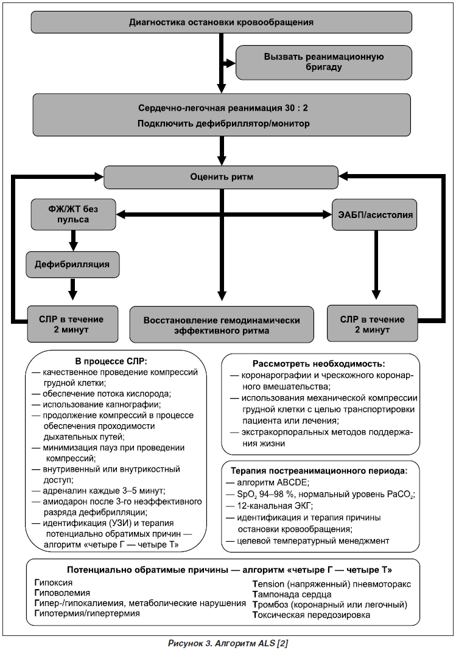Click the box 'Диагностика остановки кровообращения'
[x=221, y=22]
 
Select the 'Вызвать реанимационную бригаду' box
[x=323, y=62]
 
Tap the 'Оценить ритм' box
[x=221, y=177]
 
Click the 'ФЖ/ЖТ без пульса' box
[x=73, y=214]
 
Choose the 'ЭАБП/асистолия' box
[x=374, y=215]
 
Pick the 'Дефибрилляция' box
[x=72, y=265]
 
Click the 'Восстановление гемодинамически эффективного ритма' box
[x=222, y=325]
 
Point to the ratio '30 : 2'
[x=296, y=108]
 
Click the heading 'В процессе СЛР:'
[x=111, y=361]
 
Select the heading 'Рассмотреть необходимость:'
[x=318, y=363]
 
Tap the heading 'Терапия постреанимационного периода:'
[x=319, y=471]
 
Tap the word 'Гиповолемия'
[x=62, y=593]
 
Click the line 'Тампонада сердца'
[x=292, y=595]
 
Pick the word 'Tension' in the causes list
[x=268, y=584]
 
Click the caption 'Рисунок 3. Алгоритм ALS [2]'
[x=228, y=643]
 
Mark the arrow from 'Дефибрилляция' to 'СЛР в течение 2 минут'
[x=73, y=289]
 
